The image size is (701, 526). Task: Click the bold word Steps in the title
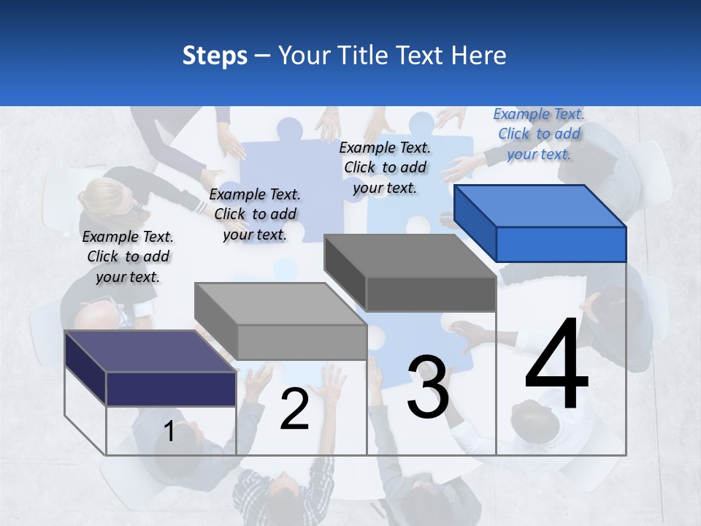[215, 56]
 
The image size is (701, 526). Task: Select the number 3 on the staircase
[428, 387]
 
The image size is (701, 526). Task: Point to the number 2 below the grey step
[294, 409]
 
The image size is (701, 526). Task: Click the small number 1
[169, 431]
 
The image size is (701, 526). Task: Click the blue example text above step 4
[539, 134]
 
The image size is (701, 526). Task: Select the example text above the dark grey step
[385, 167]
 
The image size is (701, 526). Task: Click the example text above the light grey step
[255, 214]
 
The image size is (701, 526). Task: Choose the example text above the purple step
[128, 256]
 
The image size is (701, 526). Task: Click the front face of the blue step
[561, 244]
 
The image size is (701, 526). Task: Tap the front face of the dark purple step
[171, 389]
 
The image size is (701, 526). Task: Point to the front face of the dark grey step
[431, 294]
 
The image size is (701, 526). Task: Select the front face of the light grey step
[302, 342]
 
